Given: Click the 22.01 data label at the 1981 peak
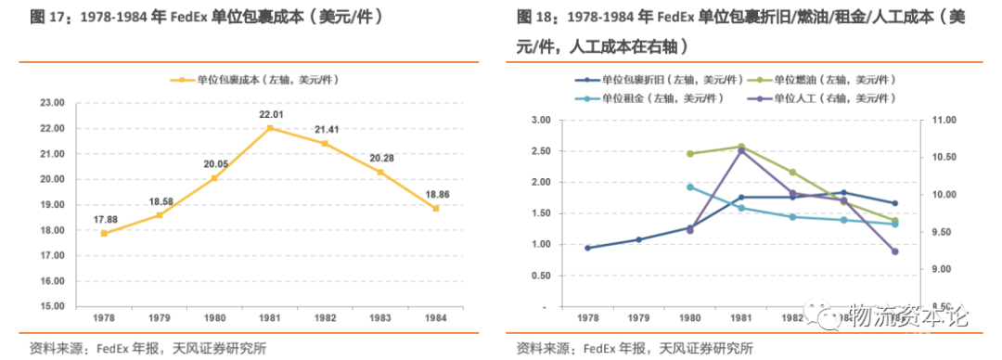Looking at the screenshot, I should (x=269, y=114).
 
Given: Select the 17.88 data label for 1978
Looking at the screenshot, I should (x=104, y=220).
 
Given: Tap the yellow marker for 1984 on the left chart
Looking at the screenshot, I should (x=435, y=209).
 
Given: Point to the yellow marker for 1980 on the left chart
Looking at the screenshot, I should (x=214, y=178).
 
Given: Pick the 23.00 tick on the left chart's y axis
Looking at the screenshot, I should (x=51, y=102).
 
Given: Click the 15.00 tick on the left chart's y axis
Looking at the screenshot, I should (x=51, y=306).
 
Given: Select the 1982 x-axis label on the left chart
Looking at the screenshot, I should (x=325, y=317).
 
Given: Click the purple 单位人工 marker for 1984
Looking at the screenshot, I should (x=894, y=251).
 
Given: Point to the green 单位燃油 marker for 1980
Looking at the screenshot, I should (x=689, y=154).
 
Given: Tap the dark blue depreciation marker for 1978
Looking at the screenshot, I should (x=587, y=248).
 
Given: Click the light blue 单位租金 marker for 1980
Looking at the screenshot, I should (x=689, y=187).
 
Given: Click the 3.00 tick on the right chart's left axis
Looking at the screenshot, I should (x=541, y=120).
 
